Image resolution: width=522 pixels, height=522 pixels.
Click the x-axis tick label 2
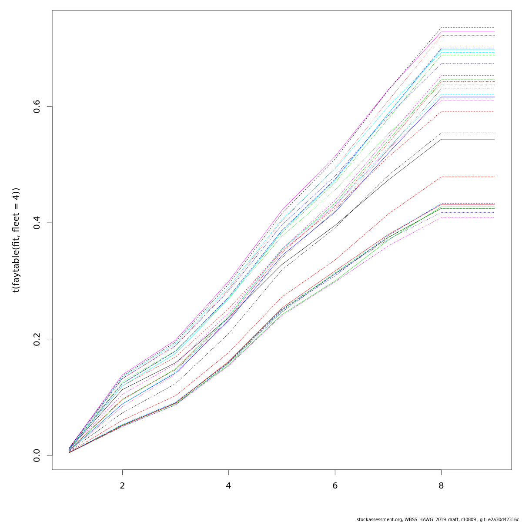[x=122, y=485]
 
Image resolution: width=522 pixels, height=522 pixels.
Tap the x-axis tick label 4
[x=228, y=485]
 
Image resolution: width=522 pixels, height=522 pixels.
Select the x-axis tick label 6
[x=335, y=485]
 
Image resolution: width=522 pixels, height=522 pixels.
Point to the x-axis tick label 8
[x=441, y=485]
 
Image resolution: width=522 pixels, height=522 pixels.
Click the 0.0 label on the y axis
[x=37, y=455]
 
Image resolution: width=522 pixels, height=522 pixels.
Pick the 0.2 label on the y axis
[x=37, y=339]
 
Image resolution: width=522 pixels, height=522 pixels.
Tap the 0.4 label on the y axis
[x=37, y=223]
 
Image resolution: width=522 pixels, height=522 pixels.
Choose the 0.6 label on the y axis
[x=37, y=106]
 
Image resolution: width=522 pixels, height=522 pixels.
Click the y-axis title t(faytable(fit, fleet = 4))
[x=16, y=240]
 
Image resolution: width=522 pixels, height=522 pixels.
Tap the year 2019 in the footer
[x=439, y=519]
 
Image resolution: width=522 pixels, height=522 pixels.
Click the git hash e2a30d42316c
[x=505, y=519]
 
